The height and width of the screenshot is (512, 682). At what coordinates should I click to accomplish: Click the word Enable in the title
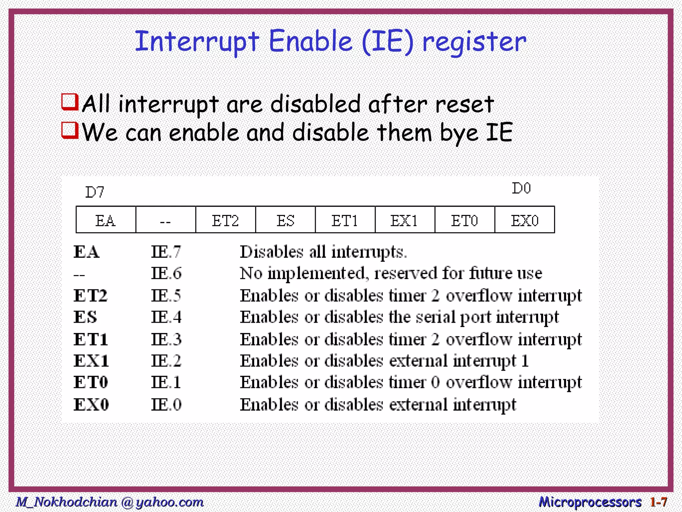(310, 41)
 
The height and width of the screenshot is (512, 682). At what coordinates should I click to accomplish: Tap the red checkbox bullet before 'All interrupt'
(70, 102)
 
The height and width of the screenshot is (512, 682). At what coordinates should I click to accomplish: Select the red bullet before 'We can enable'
(70, 130)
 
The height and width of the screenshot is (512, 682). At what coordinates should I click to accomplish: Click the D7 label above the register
(95, 192)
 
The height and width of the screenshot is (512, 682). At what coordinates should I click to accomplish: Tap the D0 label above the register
(521, 189)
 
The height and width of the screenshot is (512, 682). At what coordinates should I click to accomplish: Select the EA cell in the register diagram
(106, 220)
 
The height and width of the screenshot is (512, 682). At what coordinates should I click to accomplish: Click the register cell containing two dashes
(166, 220)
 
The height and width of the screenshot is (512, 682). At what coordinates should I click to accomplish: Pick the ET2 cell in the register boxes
(225, 220)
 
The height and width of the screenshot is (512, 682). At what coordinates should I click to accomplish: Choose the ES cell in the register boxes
(285, 220)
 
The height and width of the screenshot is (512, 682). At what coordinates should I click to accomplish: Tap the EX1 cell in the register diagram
(405, 220)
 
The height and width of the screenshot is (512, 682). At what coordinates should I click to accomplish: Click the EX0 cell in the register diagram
(524, 220)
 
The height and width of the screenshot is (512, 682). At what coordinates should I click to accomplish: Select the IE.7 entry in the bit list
(166, 252)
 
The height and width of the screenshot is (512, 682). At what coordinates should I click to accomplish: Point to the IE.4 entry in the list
(166, 317)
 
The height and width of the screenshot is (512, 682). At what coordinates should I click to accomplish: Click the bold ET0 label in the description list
(91, 382)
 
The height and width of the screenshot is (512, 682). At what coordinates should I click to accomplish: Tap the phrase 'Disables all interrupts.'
(323, 252)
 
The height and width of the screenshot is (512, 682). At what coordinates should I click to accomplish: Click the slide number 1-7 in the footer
(658, 502)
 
